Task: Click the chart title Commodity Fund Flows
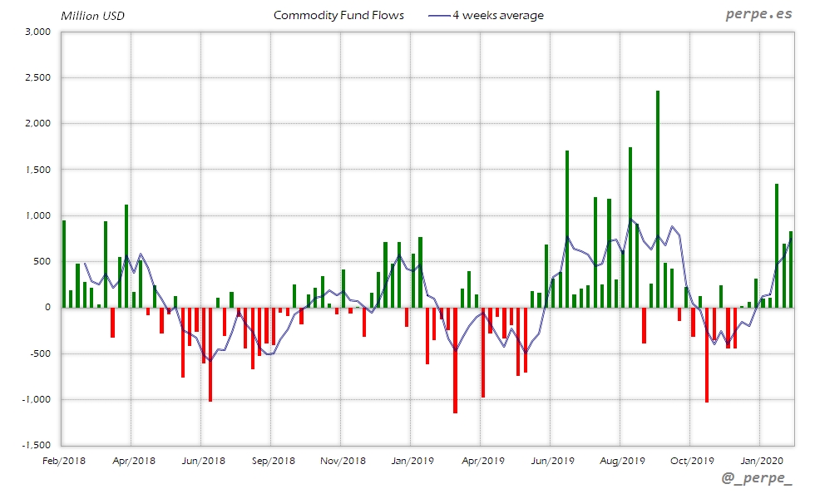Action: pyautogui.click(x=338, y=15)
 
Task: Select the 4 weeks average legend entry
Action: pyautogui.click(x=487, y=15)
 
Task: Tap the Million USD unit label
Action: pyautogui.click(x=92, y=16)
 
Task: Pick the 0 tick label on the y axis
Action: pyautogui.click(x=48, y=308)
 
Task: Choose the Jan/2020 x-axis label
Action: pyautogui.click(x=759, y=460)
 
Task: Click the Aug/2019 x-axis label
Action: pyautogui.click(x=621, y=460)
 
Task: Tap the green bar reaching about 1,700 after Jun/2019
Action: pyautogui.click(x=567, y=229)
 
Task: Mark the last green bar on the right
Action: pyautogui.click(x=791, y=269)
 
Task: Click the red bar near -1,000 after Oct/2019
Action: pyautogui.click(x=707, y=355)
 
